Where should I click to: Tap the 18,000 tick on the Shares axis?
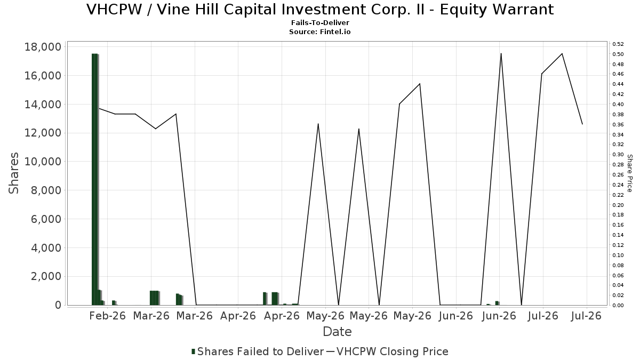43,47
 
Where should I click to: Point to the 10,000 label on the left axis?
43,162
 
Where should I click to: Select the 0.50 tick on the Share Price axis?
618,54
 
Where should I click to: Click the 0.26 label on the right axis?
618,175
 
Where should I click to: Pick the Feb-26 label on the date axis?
107,316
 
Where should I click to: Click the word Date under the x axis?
337,332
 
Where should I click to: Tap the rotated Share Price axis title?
630,173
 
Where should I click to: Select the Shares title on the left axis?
13,173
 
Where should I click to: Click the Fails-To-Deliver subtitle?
320,23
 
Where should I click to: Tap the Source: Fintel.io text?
320,31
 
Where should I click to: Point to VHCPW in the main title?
114,10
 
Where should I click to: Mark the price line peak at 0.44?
420,84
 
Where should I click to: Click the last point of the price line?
582,124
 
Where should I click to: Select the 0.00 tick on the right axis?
618,306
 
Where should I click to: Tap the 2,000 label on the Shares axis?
46,277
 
